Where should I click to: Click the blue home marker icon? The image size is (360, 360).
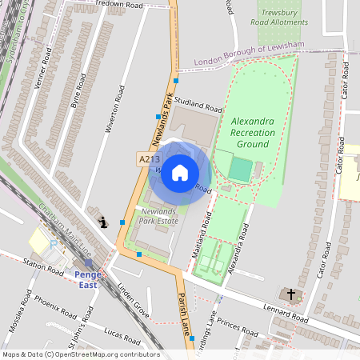pyautogui.click(x=180, y=173)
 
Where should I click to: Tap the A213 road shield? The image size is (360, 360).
pyautogui.click(x=144, y=160)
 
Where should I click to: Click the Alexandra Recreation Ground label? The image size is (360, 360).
pyautogui.click(x=253, y=132)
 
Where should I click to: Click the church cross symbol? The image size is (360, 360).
pyautogui.click(x=290, y=294)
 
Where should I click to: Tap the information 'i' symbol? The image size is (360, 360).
pyautogui.click(x=102, y=222)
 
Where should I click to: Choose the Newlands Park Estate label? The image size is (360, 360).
pyautogui.click(x=158, y=215)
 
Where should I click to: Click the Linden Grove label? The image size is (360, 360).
pyautogui.click(x=134, y=298)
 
